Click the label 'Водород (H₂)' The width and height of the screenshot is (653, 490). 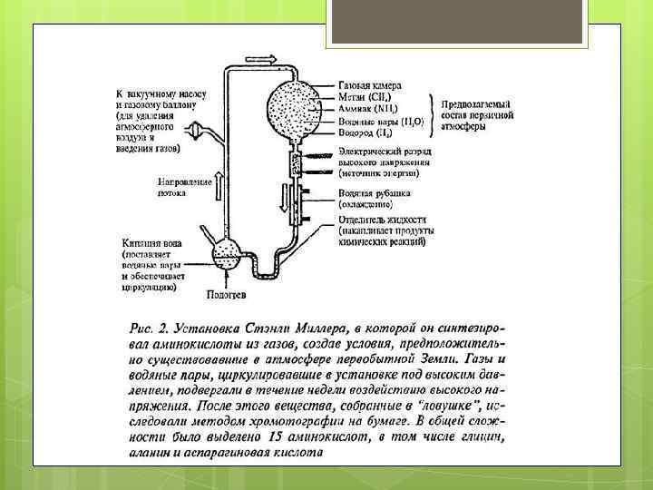(365, 132)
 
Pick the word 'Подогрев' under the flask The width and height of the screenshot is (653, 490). (224, 293)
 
